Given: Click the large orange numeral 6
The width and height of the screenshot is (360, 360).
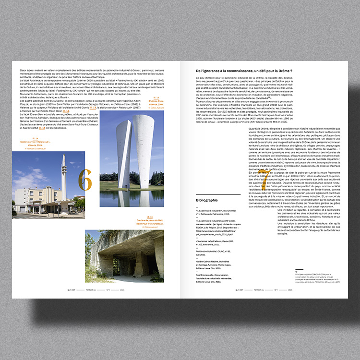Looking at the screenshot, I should [85, 180].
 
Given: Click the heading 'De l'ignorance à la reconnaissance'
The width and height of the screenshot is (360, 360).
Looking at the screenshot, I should [244, 71].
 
